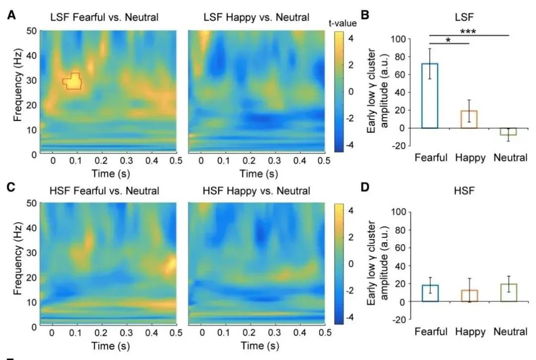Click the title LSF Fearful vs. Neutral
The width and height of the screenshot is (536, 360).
(104, 18)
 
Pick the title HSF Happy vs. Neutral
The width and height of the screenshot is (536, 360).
(256, 191)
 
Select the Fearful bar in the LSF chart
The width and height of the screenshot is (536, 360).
(429, 96)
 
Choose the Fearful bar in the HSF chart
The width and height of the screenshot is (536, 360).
(429, 293)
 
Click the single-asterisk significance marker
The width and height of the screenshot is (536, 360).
(448, 40)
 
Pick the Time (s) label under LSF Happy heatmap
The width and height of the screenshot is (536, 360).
(256, 174)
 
